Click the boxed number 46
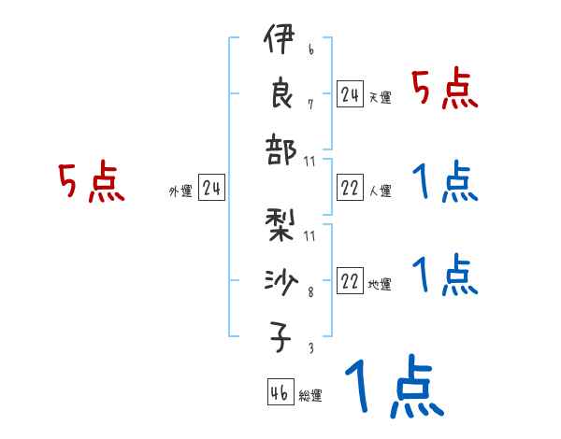click(x=280, y=393)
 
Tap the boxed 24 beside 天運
click(x=350, y=94)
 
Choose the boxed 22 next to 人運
click(x=350, y=189)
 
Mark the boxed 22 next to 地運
click(x=350, y=282)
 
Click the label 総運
click(x=310, y=396)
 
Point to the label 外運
click(x=180, y=191)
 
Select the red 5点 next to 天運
click(x=445, y=91)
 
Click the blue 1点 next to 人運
click(x=445, y=183)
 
